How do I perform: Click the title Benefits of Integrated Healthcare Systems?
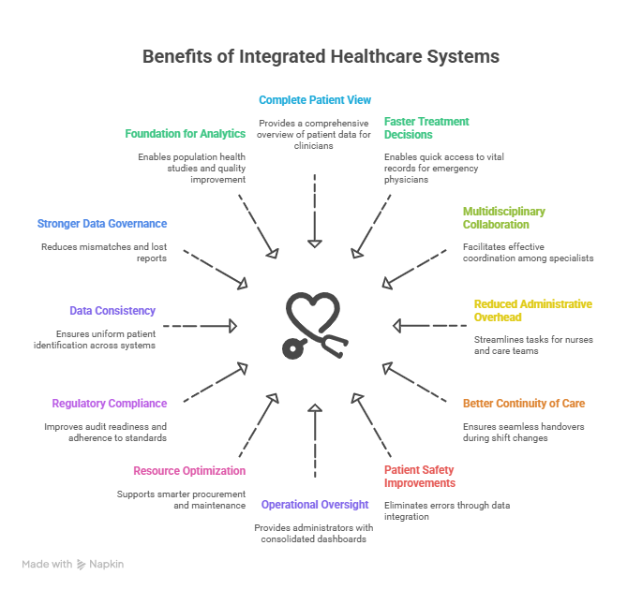click(x=321, y=56)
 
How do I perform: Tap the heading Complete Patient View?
click(x=316, y=99)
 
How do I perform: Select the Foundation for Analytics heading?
click(x=186, y=134)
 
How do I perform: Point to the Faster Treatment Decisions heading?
click(x=426, y=127)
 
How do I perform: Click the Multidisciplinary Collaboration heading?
click(x=503, y=218)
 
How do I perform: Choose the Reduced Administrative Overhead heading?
click(x=532, y=311)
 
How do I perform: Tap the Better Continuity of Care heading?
click(x=524, y=404)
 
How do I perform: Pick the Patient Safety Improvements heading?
click(x=420, y=477)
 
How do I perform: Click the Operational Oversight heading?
click(x=315, y=505)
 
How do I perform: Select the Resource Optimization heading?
click(x=189, y=471)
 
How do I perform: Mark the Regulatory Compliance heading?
click(x=110, y=404)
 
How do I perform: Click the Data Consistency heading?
click(x=112, y=311)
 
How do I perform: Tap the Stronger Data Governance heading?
click(x=102, y=224)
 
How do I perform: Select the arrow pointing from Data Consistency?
click(x=201, y=326)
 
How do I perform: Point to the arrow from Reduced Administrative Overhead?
click(x=429, y=326)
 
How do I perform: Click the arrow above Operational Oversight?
click(x=316, y=440)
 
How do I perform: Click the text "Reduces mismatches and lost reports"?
click(x=104, y=252)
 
